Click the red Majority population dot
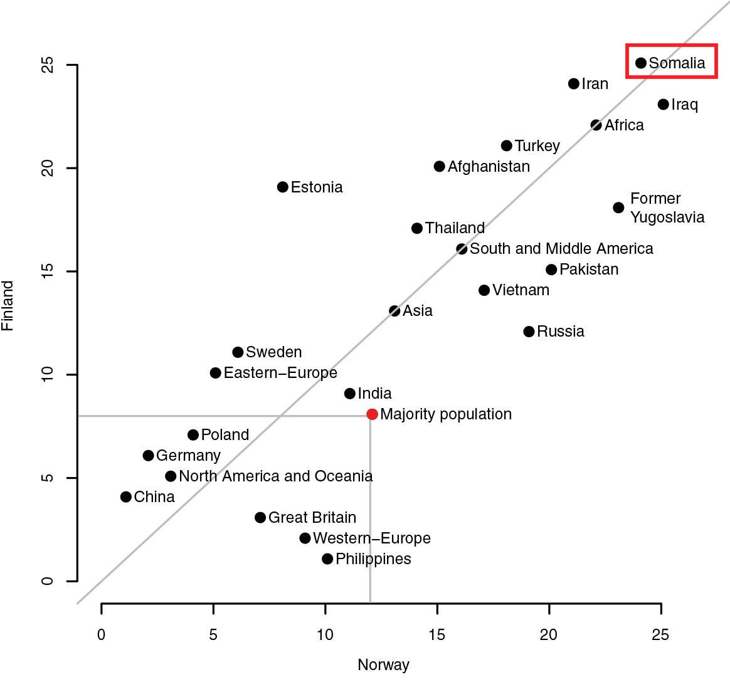(372, 414)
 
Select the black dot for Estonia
(283, 187)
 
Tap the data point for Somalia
(641, 63)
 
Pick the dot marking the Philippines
(327, 559)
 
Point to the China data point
(126, 497)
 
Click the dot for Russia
(529, 332)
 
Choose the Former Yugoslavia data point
(619, 207)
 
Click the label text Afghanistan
(489, 167)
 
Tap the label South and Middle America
(561, 249)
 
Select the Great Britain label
(312, 518)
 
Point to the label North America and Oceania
(276, 476)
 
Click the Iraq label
(684, 105)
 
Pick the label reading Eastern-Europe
(280, 373)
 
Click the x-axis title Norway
(383, 665)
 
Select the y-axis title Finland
(8, 306)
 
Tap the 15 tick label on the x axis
(437, 635)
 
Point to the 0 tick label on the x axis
(102, 635)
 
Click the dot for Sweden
(238, 352)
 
